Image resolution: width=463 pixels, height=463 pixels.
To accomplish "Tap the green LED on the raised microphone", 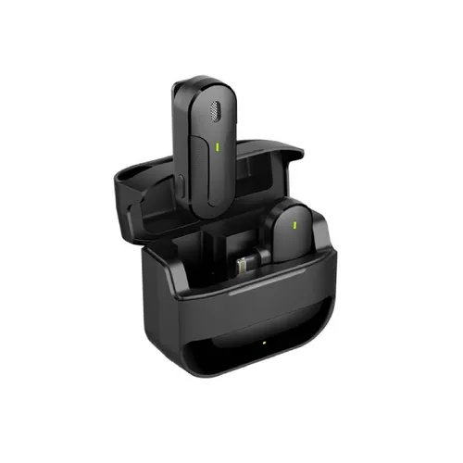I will pos(217,145).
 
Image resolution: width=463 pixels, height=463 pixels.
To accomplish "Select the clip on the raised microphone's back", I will pos(177,139).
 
